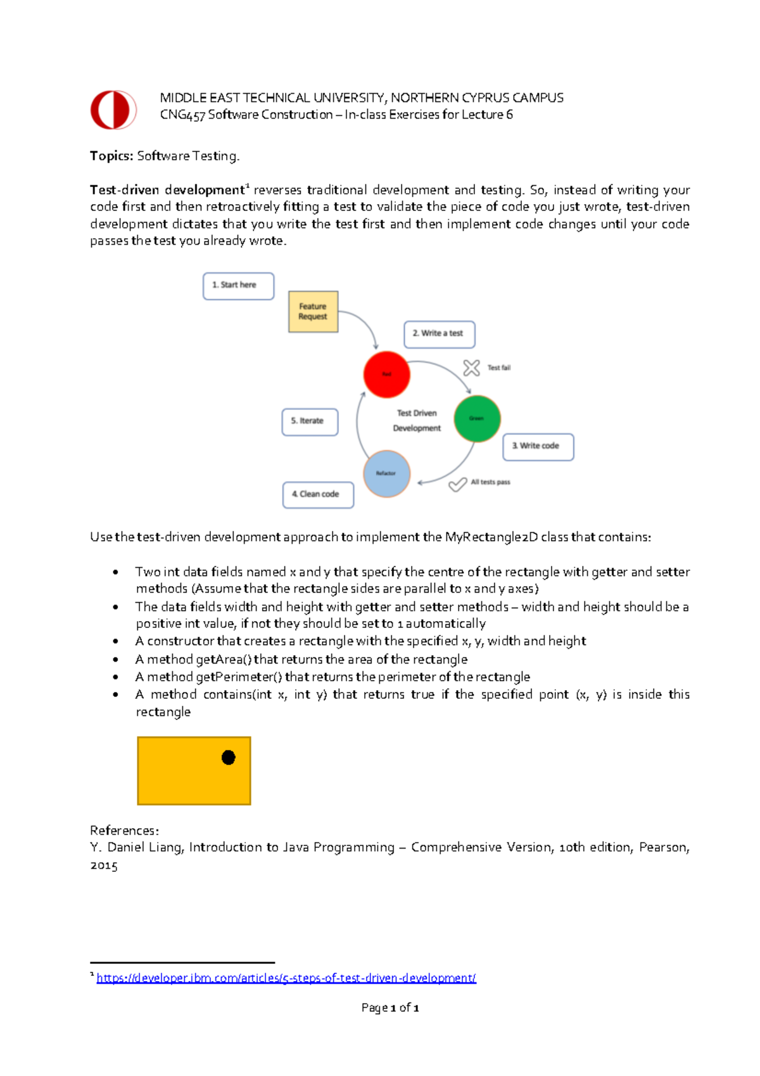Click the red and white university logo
[x=113, y=110]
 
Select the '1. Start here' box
[x=238, y=286]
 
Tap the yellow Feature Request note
[x=313, y=312]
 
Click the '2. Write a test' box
[x=439, y=334]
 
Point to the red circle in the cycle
[x=386, y=375]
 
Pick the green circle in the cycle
[x=477, y=418]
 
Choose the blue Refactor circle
[x=386, y=473]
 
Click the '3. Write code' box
[x=538, y=447]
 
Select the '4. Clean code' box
[x=318, y=495]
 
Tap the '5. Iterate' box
[x=310, y=422]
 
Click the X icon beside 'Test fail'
[x=471, y=368]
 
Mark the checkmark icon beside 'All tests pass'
[x=457, y=485]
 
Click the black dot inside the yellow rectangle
[x=229, y=757]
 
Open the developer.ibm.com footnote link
[x=286, y=978]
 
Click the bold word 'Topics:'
[x=111, y=156]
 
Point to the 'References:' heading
[x=124, y=830]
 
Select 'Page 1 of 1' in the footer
[x=390, y=1008]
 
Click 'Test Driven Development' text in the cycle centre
[x=417, y=421]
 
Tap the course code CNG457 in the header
[x=182, y=115]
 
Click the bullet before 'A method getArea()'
[x=115, y=660]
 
